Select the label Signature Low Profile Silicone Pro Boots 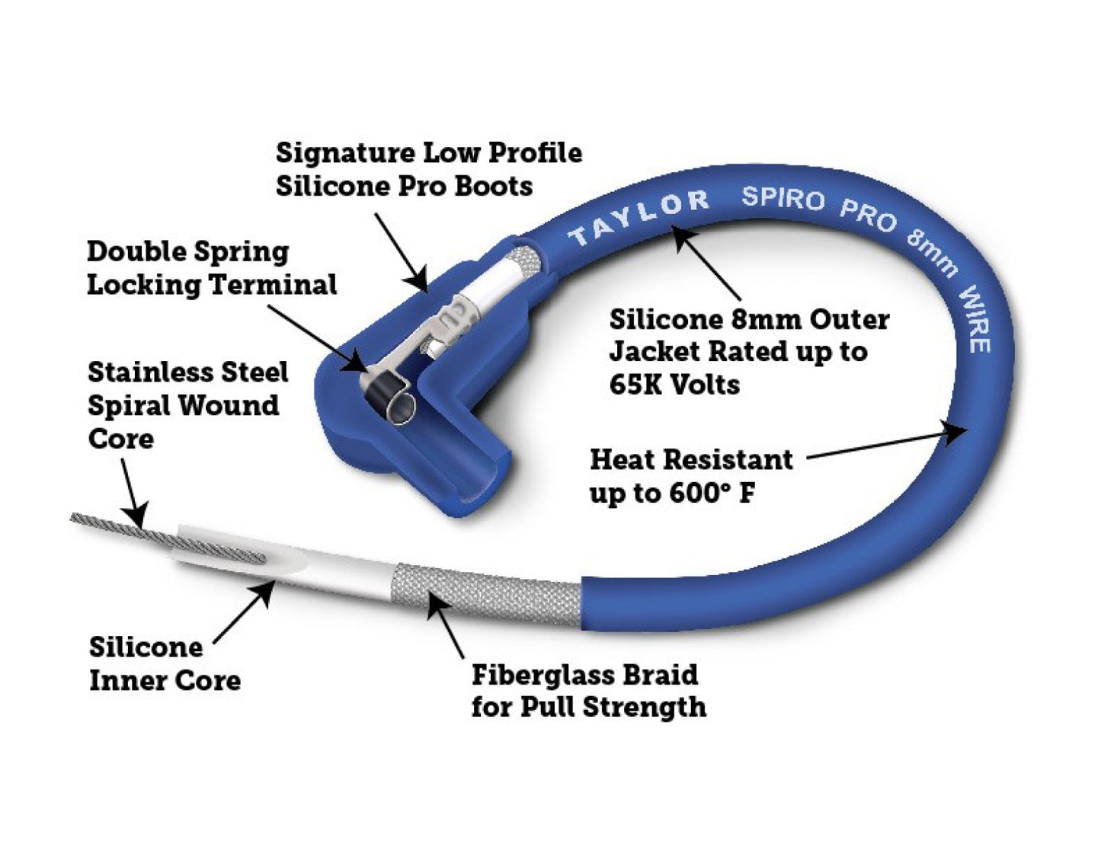click(x=428, y=169)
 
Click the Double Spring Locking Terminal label click(x=211, y=268)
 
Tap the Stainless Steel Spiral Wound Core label click(x=187, y=405)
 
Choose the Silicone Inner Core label click(x=165, y=663)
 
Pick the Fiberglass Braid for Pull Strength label click(x=587, y=691)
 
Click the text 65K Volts click(x=674, y=384)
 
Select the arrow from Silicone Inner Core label click(x=244, y=613)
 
